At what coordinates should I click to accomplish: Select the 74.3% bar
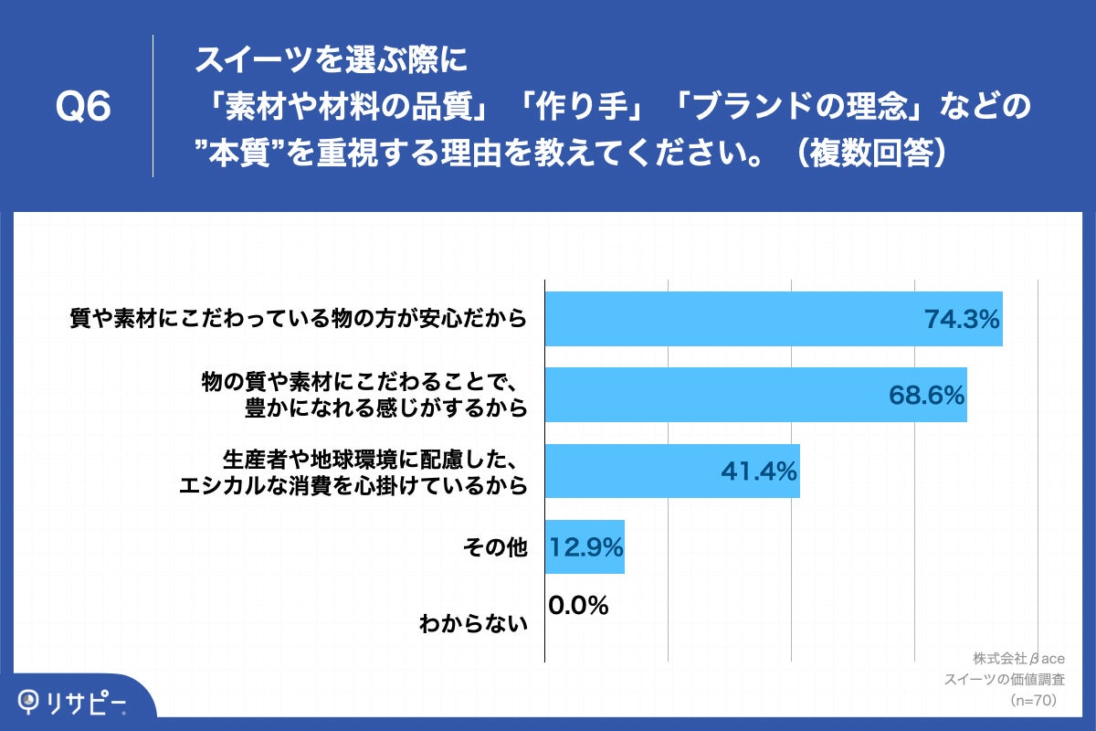[x=731, y=319]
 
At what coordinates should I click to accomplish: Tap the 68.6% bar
[x=712, y=396]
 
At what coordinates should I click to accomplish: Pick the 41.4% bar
[x=630, y=471]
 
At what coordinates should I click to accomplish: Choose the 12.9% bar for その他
[x=585, y=547]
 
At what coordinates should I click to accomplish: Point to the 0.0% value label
[x=579, y=606]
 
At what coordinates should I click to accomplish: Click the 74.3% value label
[x=962, y=320]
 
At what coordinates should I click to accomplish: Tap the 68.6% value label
[x=926, y=396]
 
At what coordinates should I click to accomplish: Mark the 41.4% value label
[x=759, y=471]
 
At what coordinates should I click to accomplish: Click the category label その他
[x=495, y=548]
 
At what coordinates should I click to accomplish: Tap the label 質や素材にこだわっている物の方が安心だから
[x=300, y=320]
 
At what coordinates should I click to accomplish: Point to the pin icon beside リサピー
[x=30, y=701]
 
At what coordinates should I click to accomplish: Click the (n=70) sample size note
[x=1033, y=700]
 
